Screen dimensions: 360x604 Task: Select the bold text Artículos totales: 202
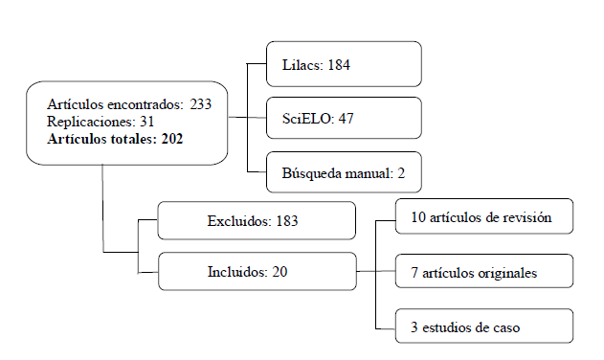click(115, 139)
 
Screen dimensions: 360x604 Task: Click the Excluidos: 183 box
click(257, 220)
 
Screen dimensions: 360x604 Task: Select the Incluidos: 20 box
click(257, 272)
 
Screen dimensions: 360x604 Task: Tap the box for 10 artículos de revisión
click(484, 217)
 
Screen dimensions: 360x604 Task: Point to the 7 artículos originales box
click(484, 273)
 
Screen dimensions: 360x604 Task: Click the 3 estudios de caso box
click(484, 326)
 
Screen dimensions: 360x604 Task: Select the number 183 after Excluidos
click(287, 221)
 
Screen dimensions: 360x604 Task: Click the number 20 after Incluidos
click(280, 273)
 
